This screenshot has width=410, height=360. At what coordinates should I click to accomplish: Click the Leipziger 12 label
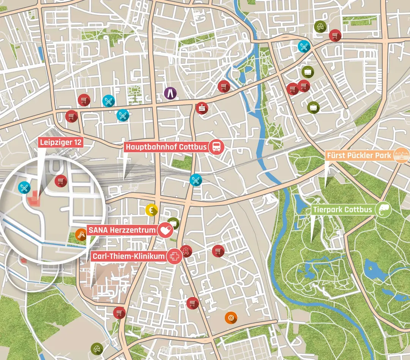coord(60,143)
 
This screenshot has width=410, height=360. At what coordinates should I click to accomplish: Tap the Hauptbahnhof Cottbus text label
coord(167,147)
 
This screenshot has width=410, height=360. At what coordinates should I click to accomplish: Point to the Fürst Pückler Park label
coord(359,156)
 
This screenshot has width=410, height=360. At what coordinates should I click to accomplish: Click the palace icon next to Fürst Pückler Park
coord(401,156)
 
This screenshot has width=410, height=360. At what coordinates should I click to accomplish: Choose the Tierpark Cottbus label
coord(342,209)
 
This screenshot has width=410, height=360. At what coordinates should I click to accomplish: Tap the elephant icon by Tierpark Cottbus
coord(383,209)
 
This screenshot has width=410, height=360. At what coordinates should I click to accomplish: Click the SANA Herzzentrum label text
coord(121,230)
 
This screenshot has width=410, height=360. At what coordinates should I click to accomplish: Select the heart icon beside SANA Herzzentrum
coord(165,230)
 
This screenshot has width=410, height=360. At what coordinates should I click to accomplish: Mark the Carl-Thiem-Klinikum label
coord(128,256)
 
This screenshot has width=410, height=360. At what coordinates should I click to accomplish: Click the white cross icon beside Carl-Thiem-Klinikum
coord(174,256)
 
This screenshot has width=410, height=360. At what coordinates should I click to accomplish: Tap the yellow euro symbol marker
coord(151,210)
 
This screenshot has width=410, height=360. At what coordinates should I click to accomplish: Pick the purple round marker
coord(170,92)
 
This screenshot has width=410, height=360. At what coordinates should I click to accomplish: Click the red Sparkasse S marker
coord(202,108)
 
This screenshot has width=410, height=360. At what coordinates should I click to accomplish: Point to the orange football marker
coord(231,317)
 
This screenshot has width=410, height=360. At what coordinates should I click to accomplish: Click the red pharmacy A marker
coord(186,251)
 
